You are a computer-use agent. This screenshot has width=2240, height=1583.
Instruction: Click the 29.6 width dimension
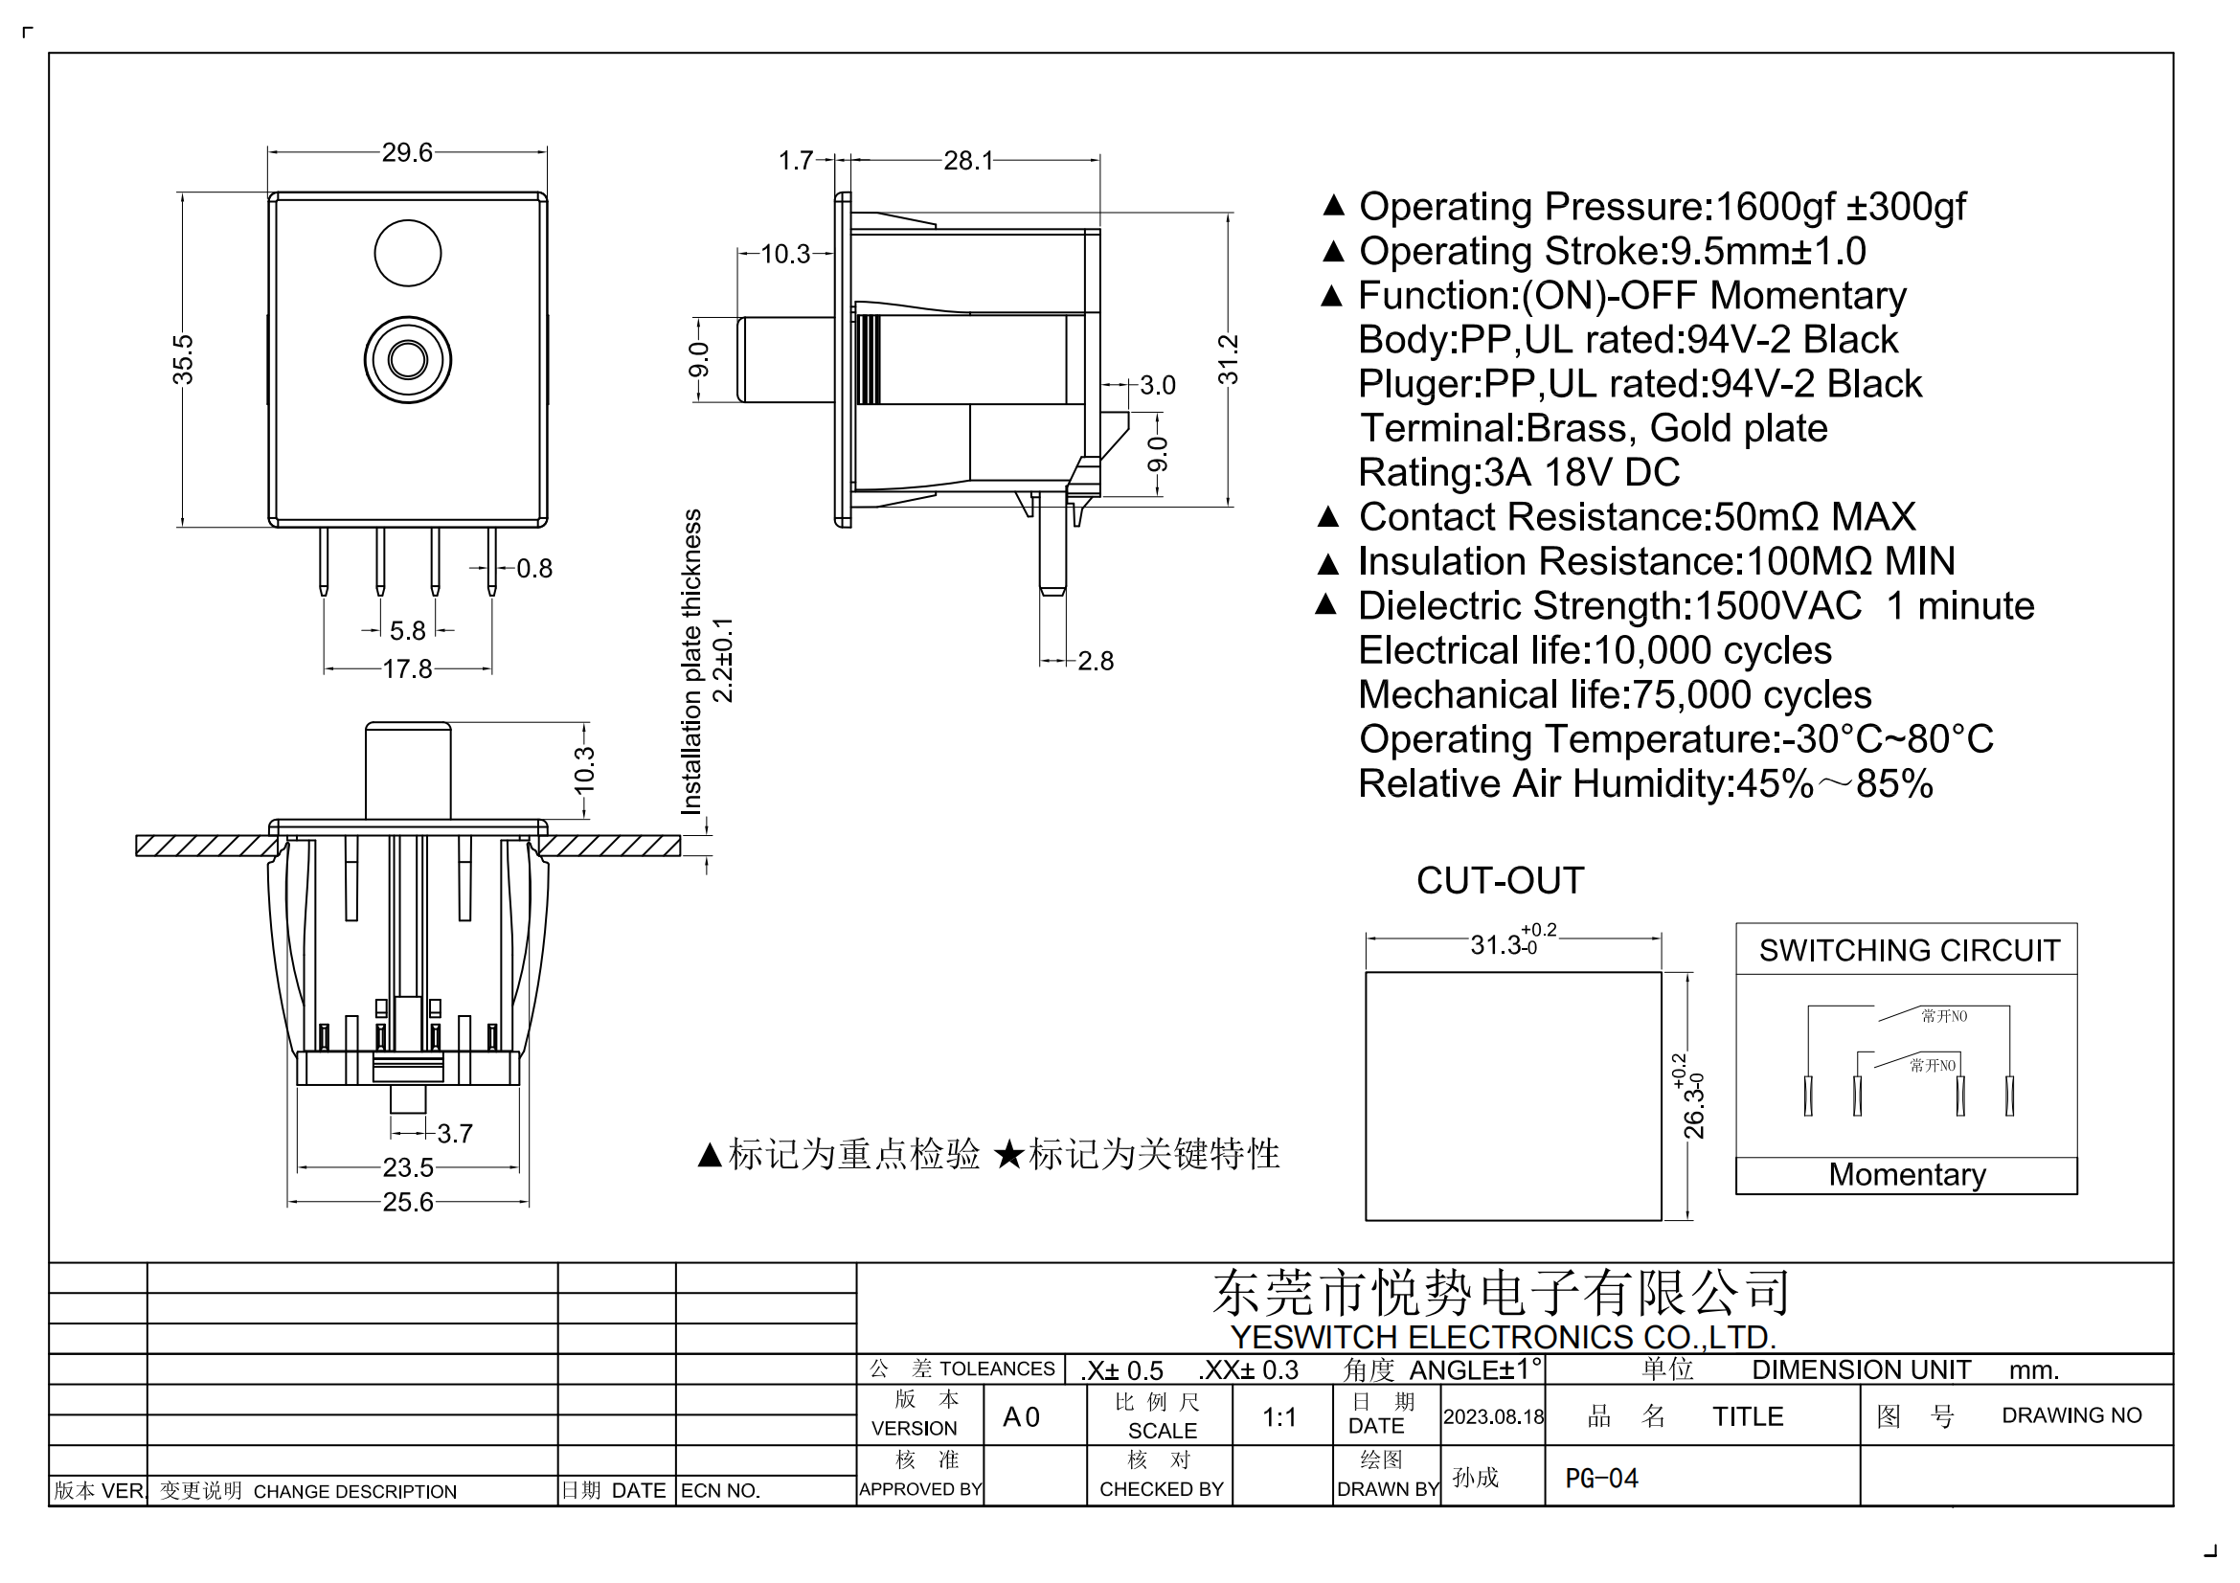coord(407,152)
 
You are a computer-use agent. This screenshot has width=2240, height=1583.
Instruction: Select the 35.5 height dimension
coord(183,359)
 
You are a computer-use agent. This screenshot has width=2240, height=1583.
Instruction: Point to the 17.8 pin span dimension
coord(407,669)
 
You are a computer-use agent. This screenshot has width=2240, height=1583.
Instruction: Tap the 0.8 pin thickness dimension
coord(533,568)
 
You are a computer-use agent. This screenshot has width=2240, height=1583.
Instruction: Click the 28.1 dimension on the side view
coord(967,160)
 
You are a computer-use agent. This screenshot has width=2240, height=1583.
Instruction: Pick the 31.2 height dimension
coord(1228,359)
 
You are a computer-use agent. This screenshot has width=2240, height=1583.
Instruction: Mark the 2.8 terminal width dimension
coord(1095,661)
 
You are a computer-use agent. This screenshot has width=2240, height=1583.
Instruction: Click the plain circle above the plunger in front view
coord(408,253)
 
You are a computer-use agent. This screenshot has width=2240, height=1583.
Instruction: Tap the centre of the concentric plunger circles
coord(408,359)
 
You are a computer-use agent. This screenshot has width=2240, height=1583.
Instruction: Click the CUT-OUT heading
coord(1500,881)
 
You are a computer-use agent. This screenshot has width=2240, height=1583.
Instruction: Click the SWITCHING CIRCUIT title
coord(1909,950)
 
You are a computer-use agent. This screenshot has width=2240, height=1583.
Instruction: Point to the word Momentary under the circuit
coord(1907,1174)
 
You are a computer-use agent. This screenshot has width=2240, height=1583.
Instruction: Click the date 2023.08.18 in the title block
coord(1493,1416)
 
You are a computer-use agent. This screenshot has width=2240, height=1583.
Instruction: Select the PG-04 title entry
coord(1601,1479)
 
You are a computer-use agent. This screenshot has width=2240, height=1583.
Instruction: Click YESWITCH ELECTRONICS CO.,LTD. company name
coord(1503,1336)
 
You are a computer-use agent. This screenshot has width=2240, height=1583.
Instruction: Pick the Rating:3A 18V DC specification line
coord(1518,472)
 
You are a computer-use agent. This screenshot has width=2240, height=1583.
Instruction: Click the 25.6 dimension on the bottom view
coord(407,1202)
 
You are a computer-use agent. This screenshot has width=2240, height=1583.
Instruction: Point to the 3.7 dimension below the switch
coord(454,1133)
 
